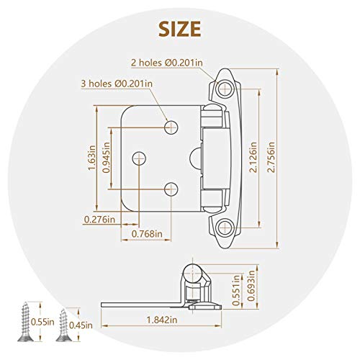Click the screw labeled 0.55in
pos(29,318)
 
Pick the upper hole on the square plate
pos(171,127)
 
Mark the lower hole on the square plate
pos(171,189)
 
